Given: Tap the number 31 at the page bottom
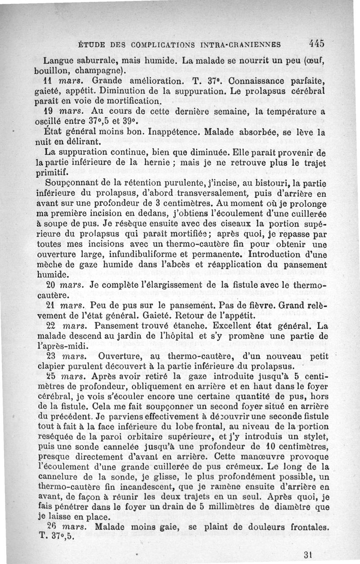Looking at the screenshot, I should tap(308, 555).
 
